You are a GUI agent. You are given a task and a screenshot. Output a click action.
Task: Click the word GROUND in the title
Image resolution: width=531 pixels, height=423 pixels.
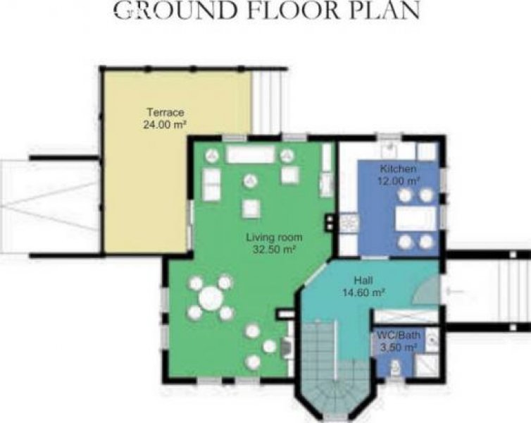pos(176,11)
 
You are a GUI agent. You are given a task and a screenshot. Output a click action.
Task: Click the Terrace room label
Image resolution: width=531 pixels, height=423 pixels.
pos(165,112)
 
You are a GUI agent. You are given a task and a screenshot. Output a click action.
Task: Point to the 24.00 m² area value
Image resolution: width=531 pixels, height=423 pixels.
pos(165,124)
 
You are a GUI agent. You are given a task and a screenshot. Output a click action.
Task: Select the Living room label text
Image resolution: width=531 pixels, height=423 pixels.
pos(275,237)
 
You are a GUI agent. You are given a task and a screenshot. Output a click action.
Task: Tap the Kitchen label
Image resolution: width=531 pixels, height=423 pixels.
pos(399,168)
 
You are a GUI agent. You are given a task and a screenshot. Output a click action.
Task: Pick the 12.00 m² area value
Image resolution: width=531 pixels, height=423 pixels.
pos(399,180)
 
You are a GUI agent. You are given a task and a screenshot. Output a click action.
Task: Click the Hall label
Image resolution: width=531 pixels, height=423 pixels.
pos(363,281)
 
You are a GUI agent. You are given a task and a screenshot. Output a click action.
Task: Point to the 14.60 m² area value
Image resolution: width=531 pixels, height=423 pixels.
pos(363,292)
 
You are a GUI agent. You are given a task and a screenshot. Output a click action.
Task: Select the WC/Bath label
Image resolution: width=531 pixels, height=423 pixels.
pos(399,335)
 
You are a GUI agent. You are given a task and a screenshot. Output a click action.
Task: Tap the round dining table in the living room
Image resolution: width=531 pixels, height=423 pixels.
pos(211,298)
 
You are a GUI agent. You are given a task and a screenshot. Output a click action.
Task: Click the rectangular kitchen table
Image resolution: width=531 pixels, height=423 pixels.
pos(416,219)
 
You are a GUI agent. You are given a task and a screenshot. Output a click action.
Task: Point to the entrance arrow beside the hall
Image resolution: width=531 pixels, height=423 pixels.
pos(455,290)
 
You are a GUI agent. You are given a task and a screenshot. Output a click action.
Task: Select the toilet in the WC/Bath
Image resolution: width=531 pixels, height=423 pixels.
pos(395,368)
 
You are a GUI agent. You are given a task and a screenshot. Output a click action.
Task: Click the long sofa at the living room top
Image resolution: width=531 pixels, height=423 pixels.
pos(250,155)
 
